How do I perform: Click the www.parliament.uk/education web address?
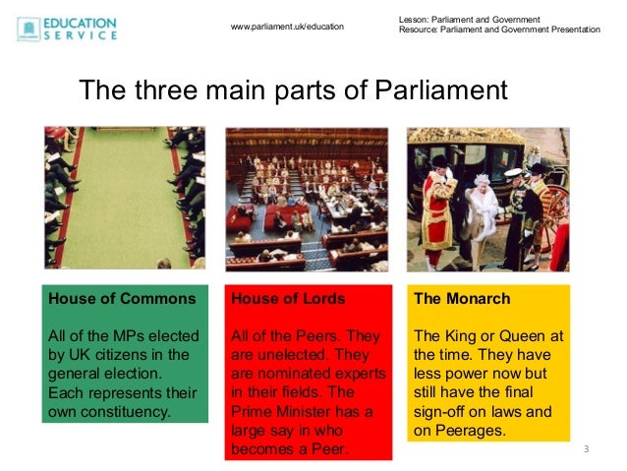[287, 26]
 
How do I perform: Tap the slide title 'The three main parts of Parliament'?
[293, 90]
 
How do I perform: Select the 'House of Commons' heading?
[122, 298]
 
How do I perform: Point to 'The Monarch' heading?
[462, 298]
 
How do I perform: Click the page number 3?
[586, 449]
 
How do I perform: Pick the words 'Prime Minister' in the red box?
[280, 412]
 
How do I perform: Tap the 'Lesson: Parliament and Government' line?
[470, 20]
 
